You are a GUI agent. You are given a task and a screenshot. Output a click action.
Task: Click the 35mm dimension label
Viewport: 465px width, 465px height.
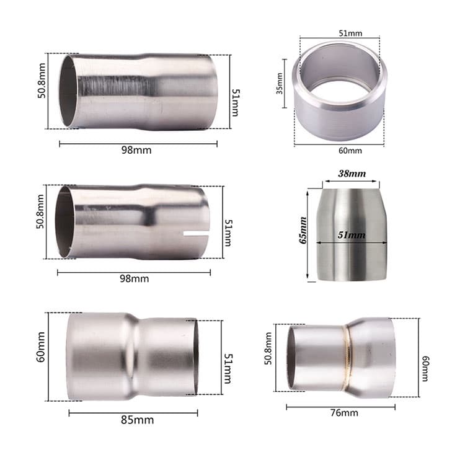280,84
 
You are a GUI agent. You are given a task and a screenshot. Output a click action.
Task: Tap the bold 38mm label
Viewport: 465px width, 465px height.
352,174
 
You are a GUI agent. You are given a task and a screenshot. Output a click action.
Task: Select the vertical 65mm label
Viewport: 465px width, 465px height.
303,231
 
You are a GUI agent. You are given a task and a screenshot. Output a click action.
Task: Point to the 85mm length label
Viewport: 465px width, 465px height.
137,420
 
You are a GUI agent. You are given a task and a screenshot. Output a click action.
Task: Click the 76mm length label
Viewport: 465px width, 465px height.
344,413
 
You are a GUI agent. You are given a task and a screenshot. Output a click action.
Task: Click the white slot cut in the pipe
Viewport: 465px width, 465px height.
196,233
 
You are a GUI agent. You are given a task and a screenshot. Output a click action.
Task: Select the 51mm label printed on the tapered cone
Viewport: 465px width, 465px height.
352,235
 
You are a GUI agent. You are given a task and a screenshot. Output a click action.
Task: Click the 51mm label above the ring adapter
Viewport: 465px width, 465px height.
350,33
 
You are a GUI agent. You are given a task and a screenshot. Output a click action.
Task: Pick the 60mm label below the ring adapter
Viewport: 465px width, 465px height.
350,151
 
